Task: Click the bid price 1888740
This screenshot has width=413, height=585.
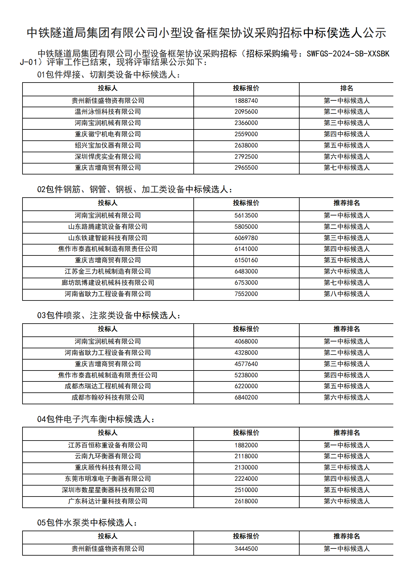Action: (x=246, y=101)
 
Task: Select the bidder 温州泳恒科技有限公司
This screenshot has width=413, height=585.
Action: (x=108, y=112)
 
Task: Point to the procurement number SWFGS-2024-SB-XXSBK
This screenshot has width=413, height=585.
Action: (x=348, y=54)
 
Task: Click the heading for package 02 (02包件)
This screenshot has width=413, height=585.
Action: (x=135, y=189)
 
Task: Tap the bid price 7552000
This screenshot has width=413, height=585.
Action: (x=246, y=294)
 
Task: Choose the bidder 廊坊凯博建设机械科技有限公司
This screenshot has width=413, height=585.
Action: (x=108, y=283)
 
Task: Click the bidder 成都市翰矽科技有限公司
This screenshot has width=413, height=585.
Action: (x=108, y=397)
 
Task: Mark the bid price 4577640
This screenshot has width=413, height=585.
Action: (x=246, y=364)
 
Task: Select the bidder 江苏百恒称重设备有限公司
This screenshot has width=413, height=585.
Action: (x=108, y=445)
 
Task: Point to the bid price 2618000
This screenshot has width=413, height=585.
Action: (x=246, y=501)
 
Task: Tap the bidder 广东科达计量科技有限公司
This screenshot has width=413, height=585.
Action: (x=108, y=501)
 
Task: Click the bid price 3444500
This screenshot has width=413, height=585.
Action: (x=246, y=549)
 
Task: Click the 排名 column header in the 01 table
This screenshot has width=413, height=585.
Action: (x=346, y=88)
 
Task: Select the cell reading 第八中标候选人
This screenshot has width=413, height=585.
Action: (x=346, y=294)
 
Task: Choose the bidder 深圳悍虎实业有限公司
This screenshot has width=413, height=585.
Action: (x=108, y=157)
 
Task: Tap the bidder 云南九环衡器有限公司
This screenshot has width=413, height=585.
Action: (x=108, y=456)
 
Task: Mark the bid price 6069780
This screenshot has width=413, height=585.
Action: (x=246, y=238)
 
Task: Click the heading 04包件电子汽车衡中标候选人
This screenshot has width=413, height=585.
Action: (x=96, y=419)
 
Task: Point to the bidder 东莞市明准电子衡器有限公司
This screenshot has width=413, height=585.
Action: (x=108, y=479)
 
